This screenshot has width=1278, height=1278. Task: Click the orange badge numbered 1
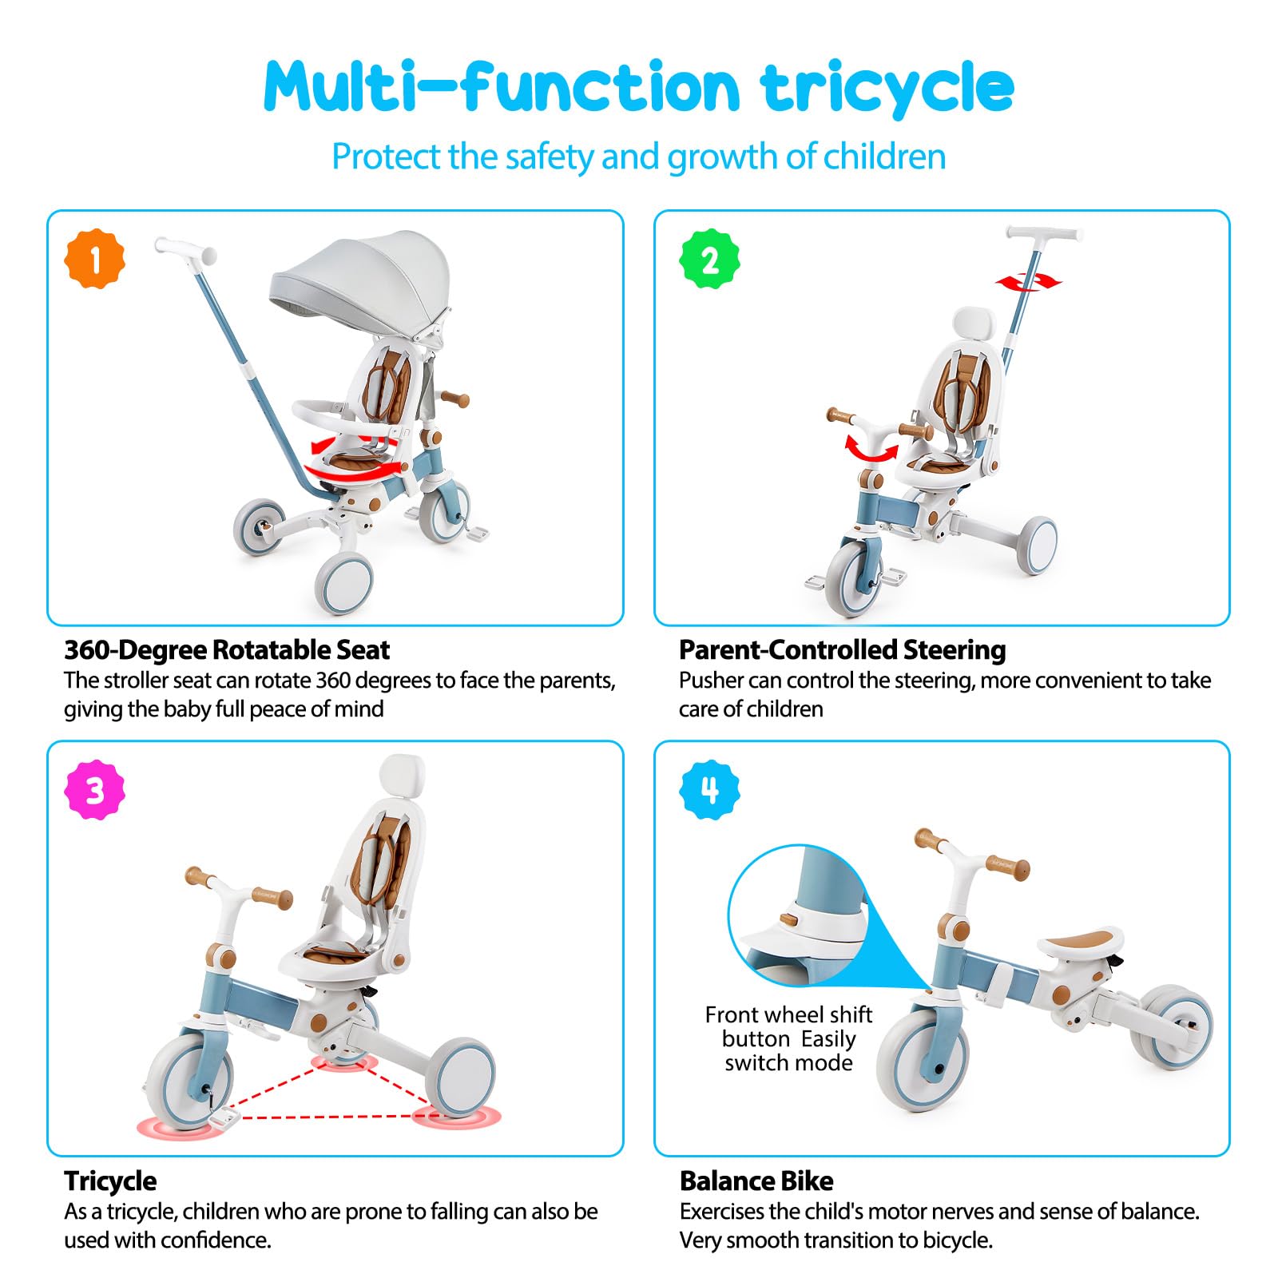pyautogui.click(x=94, y=259)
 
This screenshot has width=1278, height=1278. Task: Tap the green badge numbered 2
pyautogui.click(x=709, y=259)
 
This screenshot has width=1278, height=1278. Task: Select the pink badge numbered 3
pyautogui.click(x=94, y=790)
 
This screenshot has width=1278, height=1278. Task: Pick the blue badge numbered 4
pyautogui.click(x=709, y=790)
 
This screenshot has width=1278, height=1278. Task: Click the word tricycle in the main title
pyautogui.click(x=887, y=87)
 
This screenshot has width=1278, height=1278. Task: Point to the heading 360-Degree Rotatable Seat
pyautogui.click(x=227, y=650)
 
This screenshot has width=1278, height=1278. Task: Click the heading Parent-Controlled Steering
pyautogui.click(x=842, y=650)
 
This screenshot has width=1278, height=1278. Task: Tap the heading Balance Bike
pyautogui.click(x=756, y=1181)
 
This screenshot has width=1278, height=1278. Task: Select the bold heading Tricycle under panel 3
pyautogui.click(x=110, y=1181)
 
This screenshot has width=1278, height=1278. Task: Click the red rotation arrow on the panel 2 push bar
pyautogui.click(x=1029, y=281)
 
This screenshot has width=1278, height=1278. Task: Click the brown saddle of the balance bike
pyautogui.click(x=1080, y=941)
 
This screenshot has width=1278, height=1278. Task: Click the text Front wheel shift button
pyautogui.click(x=788, y=1026)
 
